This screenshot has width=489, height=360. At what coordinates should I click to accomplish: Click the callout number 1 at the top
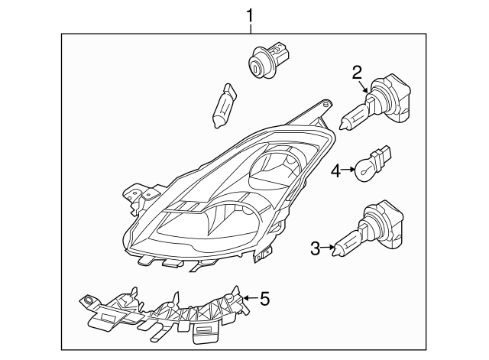click(x=250, y=14)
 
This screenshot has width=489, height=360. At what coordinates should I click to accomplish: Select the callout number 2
click(x=356, y=73)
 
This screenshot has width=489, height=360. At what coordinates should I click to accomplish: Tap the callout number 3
click(x=315, y=247)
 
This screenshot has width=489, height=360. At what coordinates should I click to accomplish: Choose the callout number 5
click(x=264, y=299)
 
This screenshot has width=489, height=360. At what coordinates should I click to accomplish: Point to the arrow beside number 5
click(x=250, y=300)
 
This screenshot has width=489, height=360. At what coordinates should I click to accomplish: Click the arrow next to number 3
click(x=329, y=247)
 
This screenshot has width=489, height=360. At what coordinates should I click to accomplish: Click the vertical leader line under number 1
click(x=250, y=28)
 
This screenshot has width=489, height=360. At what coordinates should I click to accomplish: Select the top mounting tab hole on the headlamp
click(x=326, y=102)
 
